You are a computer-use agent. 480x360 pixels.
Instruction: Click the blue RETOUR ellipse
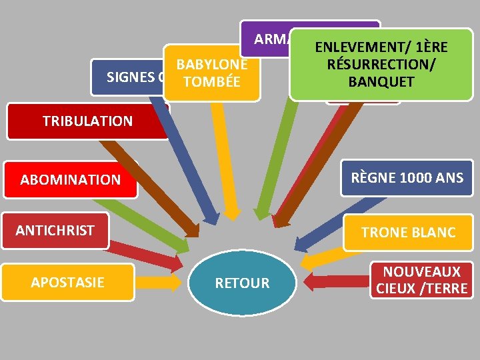coord(242,283)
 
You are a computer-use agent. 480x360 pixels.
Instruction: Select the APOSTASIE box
coord(67,282)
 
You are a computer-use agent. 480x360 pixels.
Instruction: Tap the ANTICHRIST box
coord(55,231)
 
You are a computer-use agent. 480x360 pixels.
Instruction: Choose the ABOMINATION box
coord(70,179)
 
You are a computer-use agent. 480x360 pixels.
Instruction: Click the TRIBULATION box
coord(87,121)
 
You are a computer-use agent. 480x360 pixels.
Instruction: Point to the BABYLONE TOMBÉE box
coord(211,73)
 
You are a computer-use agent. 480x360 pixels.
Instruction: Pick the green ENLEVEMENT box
coord(381,65)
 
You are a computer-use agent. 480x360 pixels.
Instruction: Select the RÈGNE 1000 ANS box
coord(407,178)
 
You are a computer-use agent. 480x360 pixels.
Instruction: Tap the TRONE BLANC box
coord(408,232)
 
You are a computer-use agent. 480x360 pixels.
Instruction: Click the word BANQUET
coord(381,83)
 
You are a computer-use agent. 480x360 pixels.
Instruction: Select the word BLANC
coord(433,232)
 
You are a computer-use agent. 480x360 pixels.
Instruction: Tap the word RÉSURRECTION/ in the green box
coord(381,65)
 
